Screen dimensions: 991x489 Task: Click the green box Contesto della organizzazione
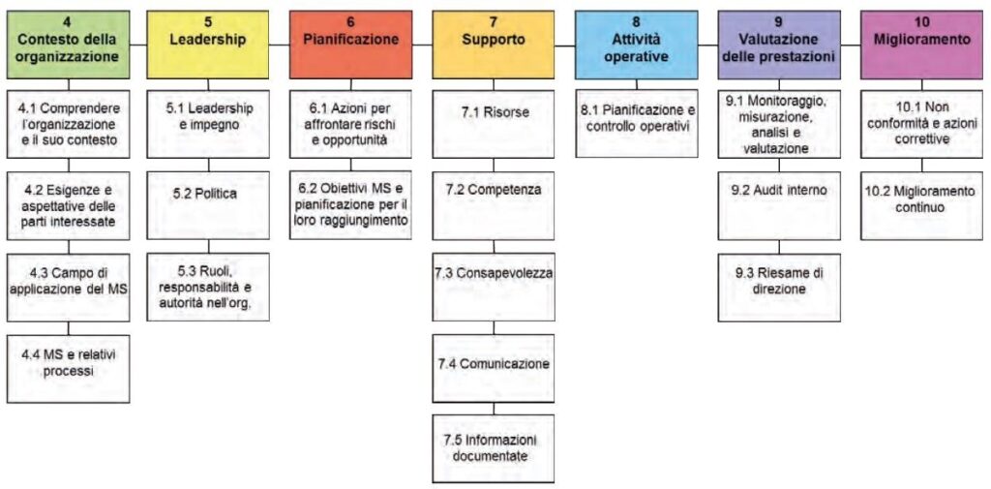69,45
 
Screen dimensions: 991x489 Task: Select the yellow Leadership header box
208,45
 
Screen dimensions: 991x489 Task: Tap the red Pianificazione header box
350,45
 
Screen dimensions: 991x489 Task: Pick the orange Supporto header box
494,45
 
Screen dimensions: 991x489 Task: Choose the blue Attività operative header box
637,45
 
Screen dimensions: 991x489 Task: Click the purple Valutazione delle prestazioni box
779,45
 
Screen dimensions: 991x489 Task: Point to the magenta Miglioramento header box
922,45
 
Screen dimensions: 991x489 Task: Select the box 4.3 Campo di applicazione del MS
69,288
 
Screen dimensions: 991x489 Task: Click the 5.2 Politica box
208,205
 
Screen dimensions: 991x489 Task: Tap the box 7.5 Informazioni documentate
494,448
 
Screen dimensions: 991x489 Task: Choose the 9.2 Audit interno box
779,205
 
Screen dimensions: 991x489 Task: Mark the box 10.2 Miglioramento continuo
922,205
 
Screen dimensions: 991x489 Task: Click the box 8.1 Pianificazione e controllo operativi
637,123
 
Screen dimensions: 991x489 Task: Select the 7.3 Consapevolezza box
494,288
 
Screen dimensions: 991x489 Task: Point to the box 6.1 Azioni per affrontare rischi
350,123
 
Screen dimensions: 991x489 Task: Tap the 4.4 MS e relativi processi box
69,369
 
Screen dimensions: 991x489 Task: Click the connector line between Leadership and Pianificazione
280,45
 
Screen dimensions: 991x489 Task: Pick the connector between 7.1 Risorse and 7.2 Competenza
494,165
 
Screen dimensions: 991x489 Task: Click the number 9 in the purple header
779,21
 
